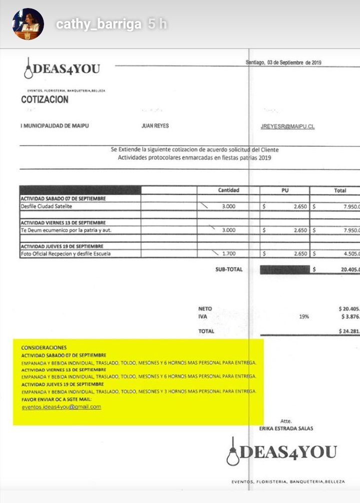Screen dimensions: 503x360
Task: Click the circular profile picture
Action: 28,24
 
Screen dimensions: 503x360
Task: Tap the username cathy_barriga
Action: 99,24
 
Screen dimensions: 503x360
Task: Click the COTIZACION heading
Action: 45,100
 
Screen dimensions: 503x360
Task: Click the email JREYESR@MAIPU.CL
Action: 287,127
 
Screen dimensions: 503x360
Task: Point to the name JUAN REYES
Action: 155,126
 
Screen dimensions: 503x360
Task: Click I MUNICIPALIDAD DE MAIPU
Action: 55,126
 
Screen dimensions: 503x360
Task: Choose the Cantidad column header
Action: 228,190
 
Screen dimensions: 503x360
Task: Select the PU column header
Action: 285,190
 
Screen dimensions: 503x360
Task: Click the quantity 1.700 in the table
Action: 229,254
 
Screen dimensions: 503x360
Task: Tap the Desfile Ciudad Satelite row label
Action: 47,206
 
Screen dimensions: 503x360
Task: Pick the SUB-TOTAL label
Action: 229,270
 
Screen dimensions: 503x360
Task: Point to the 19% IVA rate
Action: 304,317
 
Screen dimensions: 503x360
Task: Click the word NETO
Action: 205,309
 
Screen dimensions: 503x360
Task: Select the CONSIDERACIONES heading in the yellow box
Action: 44,348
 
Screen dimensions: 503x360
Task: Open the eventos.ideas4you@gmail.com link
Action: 61,407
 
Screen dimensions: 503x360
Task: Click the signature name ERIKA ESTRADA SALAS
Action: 286,429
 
